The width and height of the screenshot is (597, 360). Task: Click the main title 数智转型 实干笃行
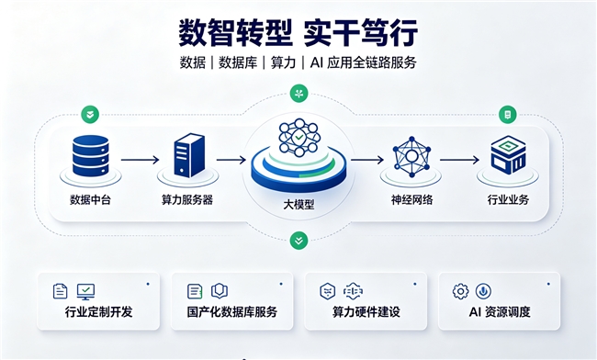coord(298,33)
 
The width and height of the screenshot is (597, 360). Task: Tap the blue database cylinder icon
coord(91,155)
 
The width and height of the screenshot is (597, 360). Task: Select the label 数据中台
coord(90,200)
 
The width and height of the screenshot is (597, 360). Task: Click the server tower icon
coord(189,155)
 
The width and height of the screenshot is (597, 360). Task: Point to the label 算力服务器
coord(187,200)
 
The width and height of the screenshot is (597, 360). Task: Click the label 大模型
coord(298,205)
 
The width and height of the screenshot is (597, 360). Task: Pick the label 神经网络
coord(411,200)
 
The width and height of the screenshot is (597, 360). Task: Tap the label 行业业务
coord(508,200)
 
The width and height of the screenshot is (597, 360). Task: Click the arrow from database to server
coord(141,160)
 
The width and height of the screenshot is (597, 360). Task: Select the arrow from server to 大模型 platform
coord(231,160)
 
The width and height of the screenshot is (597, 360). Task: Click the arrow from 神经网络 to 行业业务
coord(459,160)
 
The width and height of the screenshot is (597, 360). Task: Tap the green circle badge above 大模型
coord(298,94)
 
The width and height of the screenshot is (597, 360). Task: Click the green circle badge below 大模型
coord(298,241)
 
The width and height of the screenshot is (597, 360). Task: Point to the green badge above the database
coord(90,115)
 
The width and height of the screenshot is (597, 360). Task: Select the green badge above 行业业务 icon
coord(508,115)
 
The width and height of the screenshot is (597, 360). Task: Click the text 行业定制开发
coord(98,312)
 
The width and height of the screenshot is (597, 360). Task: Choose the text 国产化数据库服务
coord(231,312)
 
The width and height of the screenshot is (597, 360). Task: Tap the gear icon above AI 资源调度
coord(461,291)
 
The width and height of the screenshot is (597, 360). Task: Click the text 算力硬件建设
coord(366,312)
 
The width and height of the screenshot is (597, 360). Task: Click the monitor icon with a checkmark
coord(85,292)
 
